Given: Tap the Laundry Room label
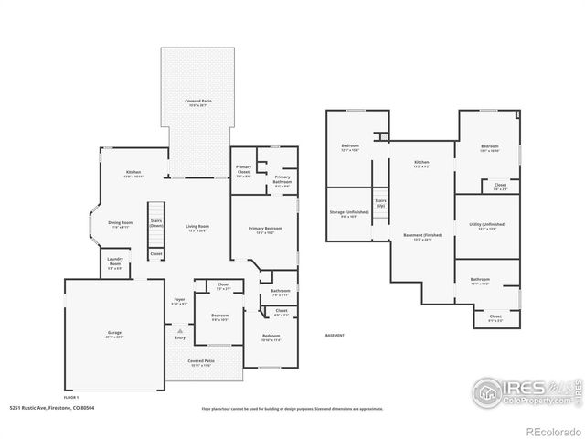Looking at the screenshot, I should pos(115,263).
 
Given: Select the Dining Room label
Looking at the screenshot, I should pos(122,223).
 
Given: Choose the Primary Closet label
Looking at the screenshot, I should pos(243,169).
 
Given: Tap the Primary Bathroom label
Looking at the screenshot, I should pos(282,179).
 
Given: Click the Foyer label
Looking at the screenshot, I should pos(179,301).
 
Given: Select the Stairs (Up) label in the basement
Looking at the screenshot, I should pos(379,205).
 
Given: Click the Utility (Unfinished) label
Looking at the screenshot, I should pos(486,226).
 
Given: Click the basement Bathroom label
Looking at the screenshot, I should pos(481,282).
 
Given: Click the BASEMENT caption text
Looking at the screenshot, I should pos(335,337).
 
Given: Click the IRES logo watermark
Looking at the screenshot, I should pos(517,389).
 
